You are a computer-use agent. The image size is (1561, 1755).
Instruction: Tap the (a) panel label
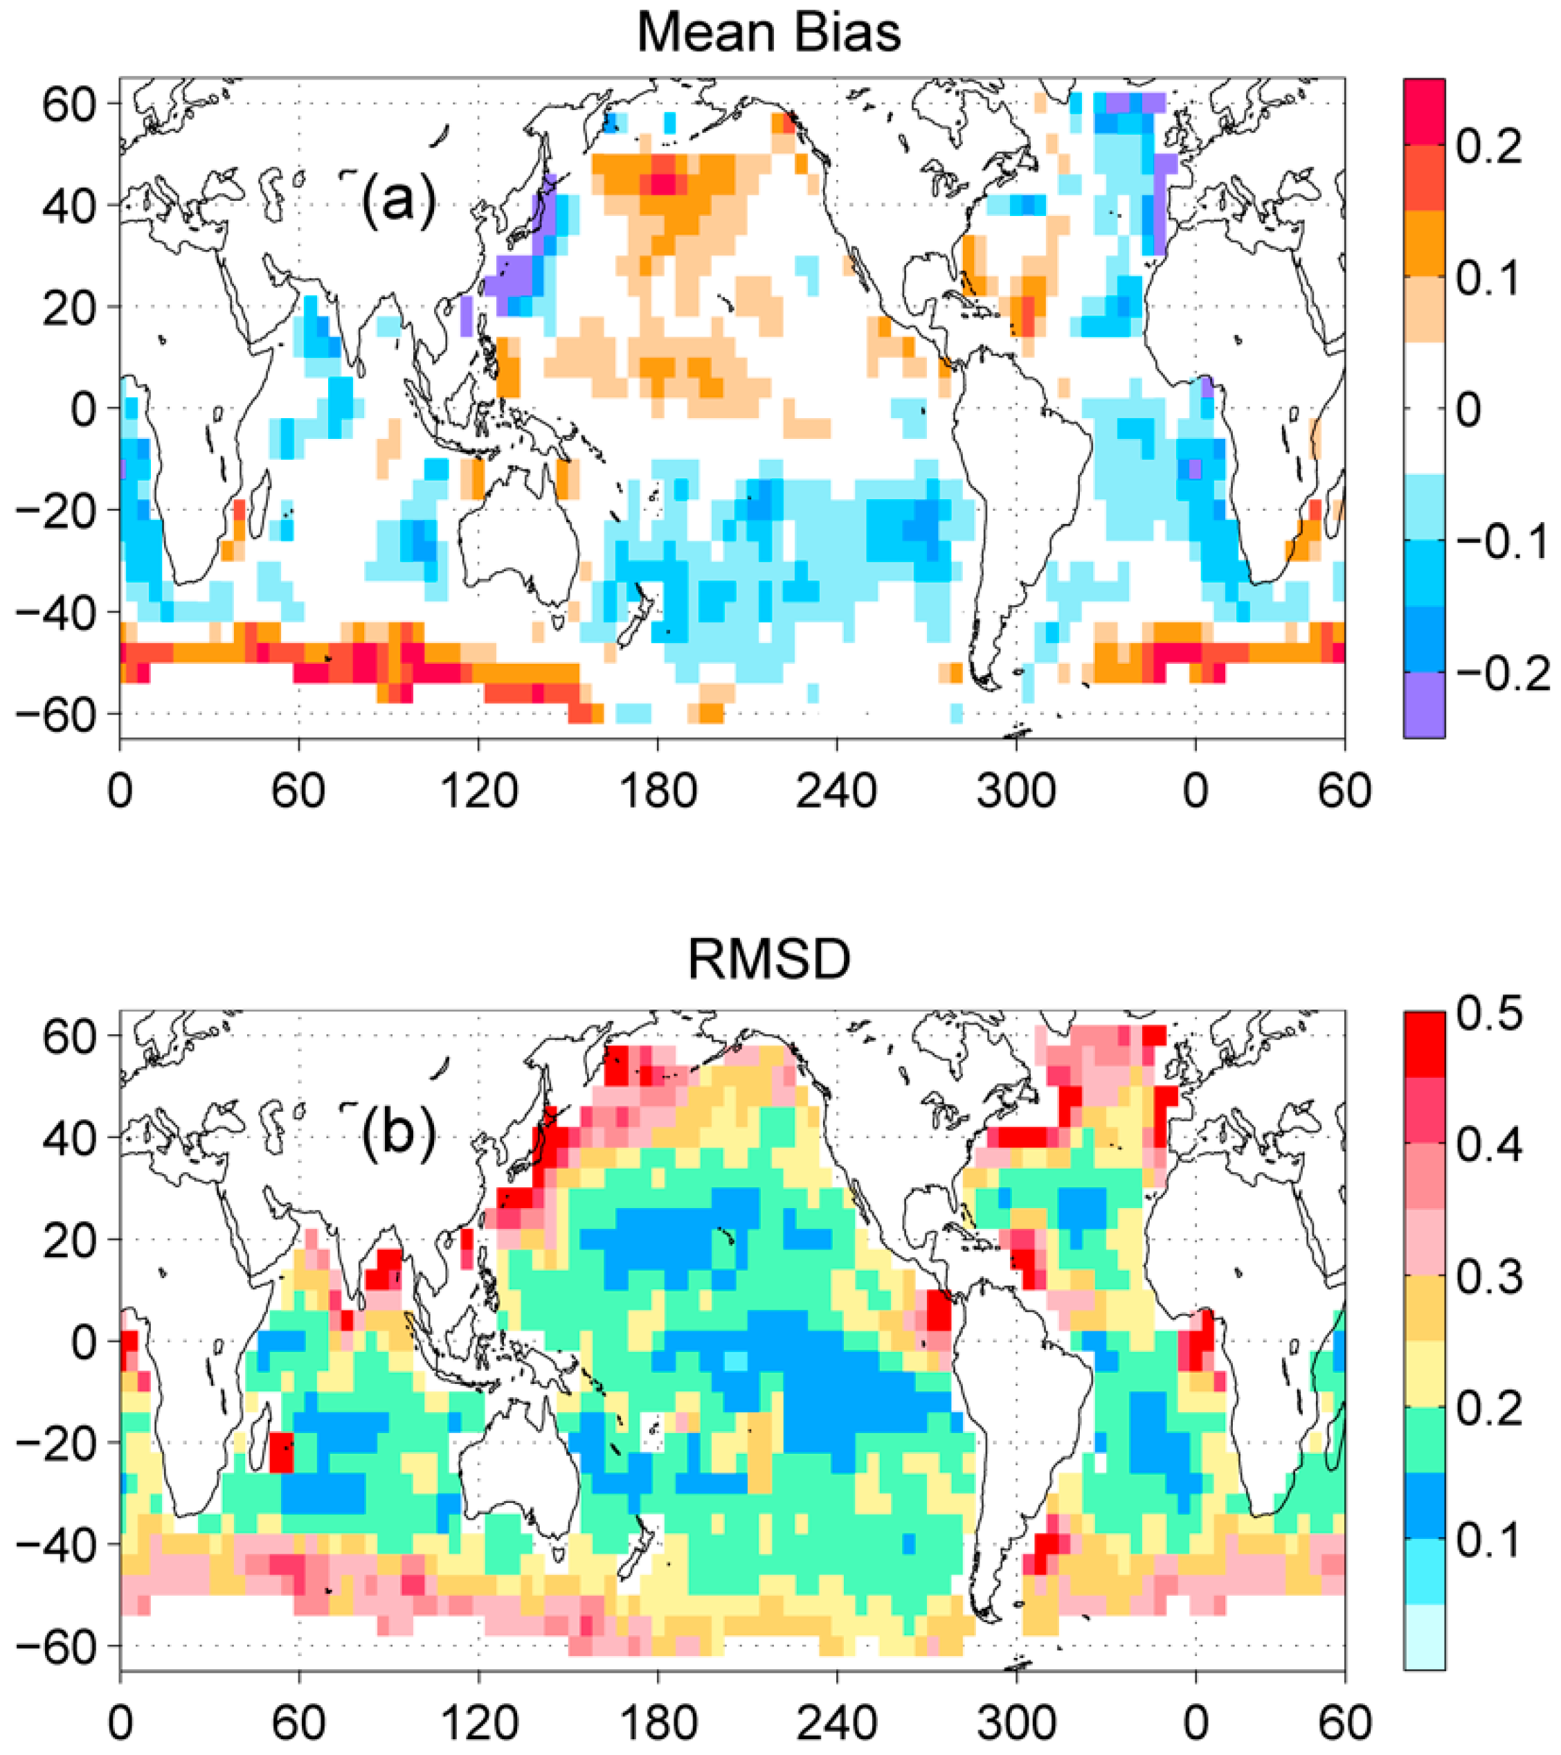[x=397, y=200]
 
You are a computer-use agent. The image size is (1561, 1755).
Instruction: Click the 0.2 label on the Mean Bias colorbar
[x=1488, y=147]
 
